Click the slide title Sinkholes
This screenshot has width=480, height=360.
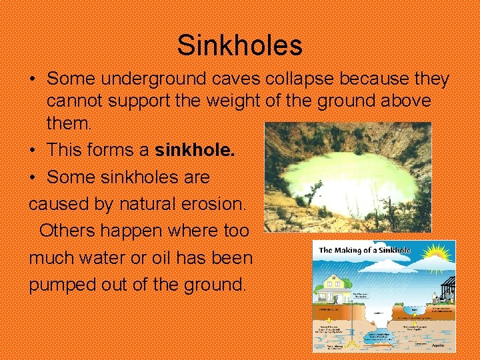click(240, 45)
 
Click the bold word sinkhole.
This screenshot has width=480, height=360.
click(194, 151)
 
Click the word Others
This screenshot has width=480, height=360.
click(69, 231)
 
